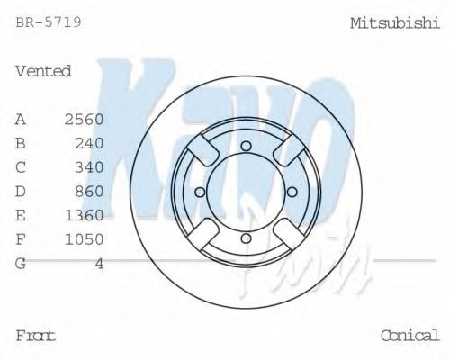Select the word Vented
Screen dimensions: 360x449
click(43, 71)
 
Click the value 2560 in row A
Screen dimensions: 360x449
click(85, 120)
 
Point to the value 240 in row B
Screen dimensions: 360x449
click(90, 143)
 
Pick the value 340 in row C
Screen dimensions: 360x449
click(90, 167)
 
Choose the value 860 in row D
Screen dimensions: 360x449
click(90, 191)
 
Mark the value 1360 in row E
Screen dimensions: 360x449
click(85, 215)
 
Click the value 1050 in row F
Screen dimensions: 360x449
click(85, 238)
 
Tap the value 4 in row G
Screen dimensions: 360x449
click(99, 263)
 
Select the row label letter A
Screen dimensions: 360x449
click(21, 120)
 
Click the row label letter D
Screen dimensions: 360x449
click(21, 191)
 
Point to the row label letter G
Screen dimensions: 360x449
click(21, 263)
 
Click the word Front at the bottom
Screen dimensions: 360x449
click(36, 335)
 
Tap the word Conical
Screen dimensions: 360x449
click(409, 335)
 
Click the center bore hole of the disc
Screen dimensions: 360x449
click(246, 190)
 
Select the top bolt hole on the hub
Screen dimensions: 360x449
click(246, 145)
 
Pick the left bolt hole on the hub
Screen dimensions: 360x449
click(201, 190)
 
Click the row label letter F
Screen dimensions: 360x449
click(21, 238)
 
